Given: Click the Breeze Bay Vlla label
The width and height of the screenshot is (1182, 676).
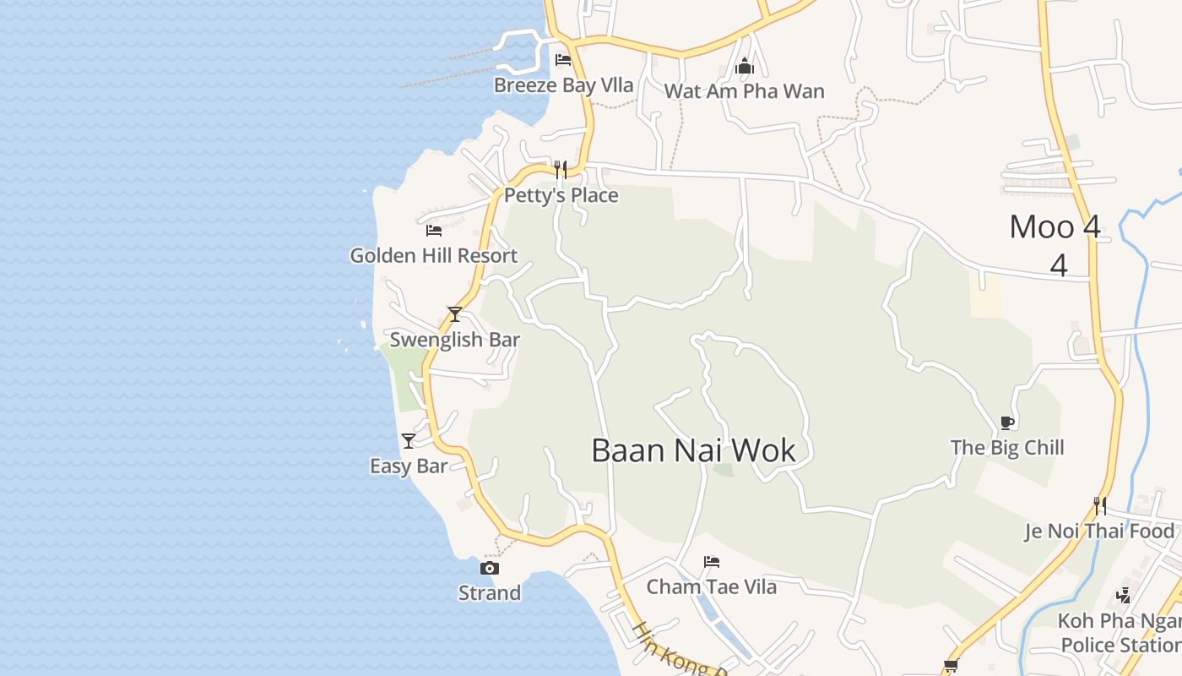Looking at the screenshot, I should [563, 85].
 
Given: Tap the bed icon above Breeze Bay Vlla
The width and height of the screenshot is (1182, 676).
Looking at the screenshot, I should [563, 60].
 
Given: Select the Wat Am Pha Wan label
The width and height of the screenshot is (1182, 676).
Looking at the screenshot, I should [744, 91].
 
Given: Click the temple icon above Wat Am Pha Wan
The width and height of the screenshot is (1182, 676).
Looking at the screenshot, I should [745, 66].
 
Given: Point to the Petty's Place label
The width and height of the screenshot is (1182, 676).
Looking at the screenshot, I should [561, 195].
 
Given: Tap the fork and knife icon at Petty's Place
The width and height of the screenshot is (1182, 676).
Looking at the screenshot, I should [561, 170].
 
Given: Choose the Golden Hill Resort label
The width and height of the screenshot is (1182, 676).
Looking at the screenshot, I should [434, 255].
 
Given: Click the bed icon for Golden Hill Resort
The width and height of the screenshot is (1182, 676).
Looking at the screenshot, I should [434, 230].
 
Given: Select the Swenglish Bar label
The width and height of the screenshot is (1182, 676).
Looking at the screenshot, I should [454, 340].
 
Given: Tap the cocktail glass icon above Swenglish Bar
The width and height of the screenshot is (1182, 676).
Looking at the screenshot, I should [455, 314].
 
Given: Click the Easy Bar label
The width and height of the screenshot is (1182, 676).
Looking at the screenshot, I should [409, 466].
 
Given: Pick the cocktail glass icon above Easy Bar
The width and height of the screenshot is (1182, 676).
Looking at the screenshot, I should [409, 440].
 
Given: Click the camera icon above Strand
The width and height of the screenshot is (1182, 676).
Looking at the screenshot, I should [490, 568].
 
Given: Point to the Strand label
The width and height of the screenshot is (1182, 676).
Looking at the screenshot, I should [490, 593].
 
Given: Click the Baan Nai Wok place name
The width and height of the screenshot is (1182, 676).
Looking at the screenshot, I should [693, 450].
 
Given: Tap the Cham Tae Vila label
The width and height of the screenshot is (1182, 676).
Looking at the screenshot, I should [712, 586].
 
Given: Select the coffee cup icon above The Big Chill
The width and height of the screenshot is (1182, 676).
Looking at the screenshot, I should [1006, 422].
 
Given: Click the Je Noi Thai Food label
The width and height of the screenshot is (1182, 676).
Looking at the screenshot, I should [1099, 532].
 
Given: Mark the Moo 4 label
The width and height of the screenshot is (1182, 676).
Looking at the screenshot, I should [1055, 227].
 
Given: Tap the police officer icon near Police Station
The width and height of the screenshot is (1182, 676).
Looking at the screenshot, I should [1123, 595].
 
